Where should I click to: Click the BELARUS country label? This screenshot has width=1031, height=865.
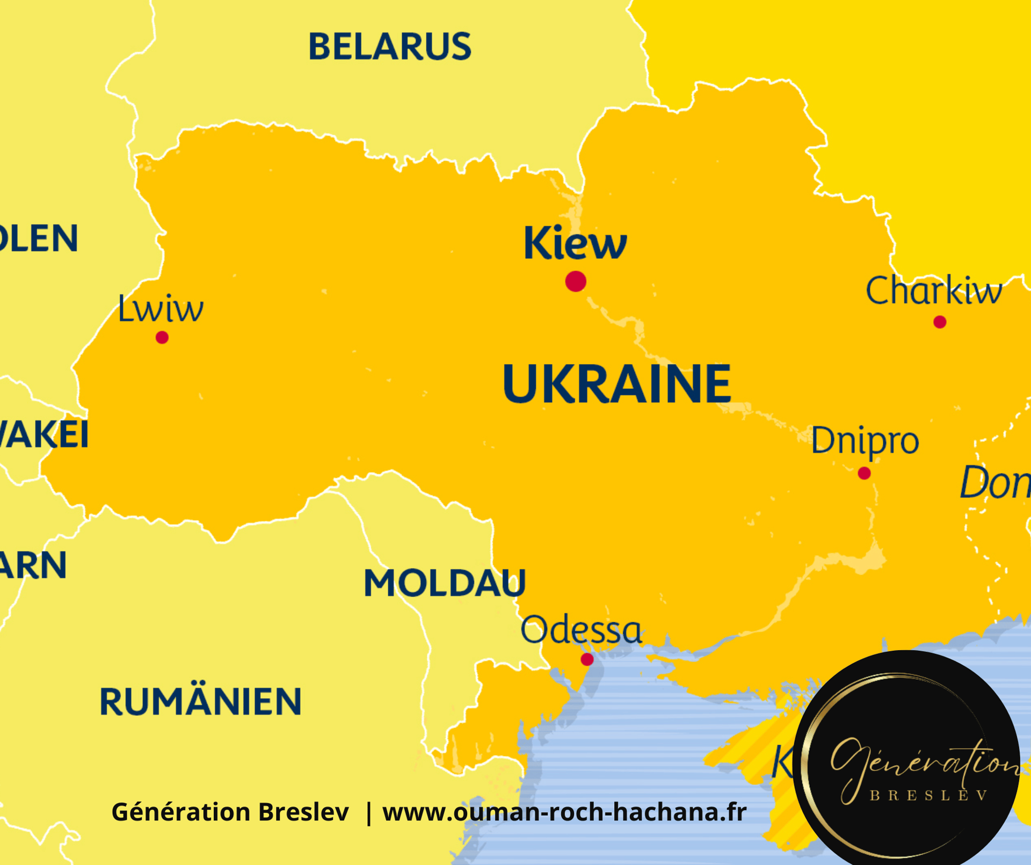(389, 46)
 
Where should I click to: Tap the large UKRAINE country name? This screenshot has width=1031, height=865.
(616, 383)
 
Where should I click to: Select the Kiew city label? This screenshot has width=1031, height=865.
(575, 243)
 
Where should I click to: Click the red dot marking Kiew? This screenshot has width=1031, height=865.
(576, 281)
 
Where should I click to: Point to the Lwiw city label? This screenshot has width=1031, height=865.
(161, 309)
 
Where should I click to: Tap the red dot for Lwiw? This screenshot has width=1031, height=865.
(162, 338)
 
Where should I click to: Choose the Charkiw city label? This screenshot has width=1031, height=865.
(933, 291)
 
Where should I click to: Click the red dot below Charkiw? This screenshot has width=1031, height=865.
(940, 322)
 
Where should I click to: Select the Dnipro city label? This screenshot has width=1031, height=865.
(865, 441)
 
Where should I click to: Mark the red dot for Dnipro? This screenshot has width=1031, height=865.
(864, 474)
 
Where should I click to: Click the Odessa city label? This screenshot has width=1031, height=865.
(581, 630)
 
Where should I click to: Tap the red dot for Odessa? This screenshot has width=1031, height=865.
(587, 659)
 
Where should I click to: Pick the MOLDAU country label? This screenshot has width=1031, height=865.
(445, 583)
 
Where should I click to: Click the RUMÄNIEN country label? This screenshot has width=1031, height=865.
(200, 701)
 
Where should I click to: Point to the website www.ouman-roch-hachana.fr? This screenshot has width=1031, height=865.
(564, 812)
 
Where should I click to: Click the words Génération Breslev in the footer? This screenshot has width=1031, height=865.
(230, 812)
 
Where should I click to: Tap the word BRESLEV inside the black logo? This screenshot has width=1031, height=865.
(928, 796)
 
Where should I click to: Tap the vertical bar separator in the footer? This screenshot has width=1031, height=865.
(368, 812)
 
